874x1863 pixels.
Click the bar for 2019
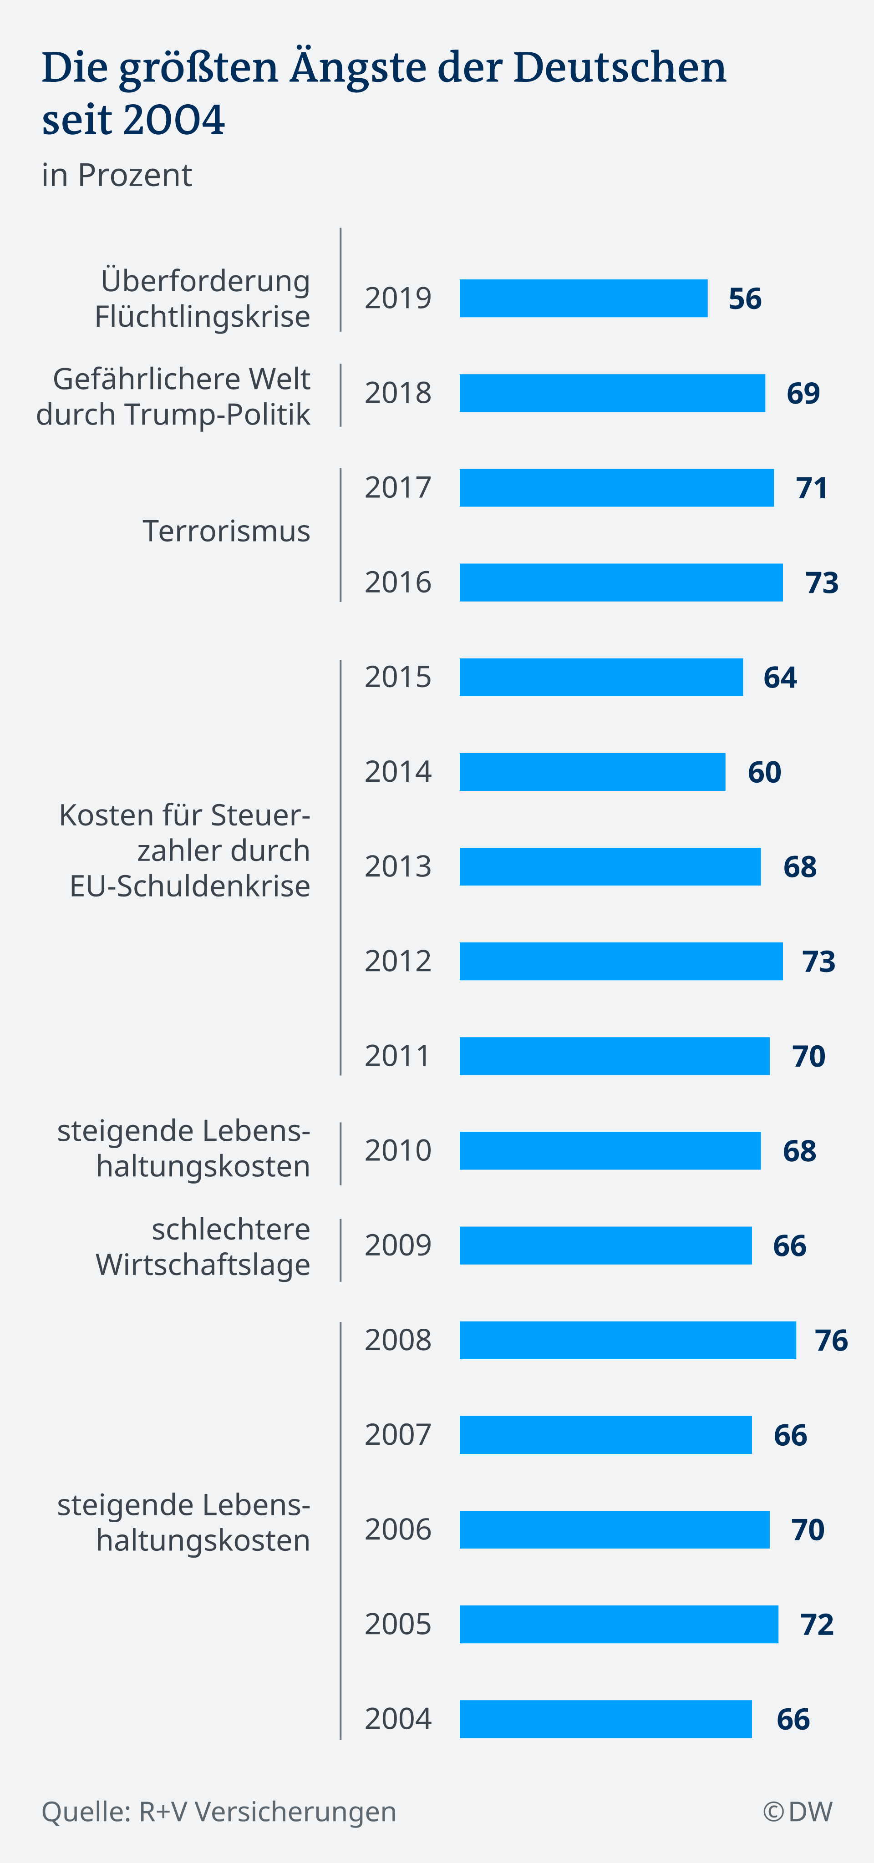tap(583, 298)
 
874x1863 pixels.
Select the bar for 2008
tap(627, 1340)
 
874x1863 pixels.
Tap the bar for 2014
tap(592, 772)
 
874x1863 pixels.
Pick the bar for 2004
tap(605, 1719)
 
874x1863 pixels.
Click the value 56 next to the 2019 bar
tap(744, 299)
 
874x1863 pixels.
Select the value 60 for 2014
tap(764, 772)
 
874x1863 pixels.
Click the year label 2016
tap(398, 582)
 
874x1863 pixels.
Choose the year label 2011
tap(398, 1056)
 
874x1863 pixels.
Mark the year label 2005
tap(398, 1625)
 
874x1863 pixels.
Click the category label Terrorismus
tap(226, 531)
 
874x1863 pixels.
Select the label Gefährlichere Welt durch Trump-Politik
tap(173, 396)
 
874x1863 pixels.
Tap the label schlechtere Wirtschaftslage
tap(203, 1247)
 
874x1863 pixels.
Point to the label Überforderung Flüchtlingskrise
tap(203, 298)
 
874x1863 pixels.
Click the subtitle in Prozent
tap(117, 175)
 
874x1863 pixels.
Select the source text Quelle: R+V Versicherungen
tap(218, 1812)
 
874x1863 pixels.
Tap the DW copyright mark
tap(798, 1812)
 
